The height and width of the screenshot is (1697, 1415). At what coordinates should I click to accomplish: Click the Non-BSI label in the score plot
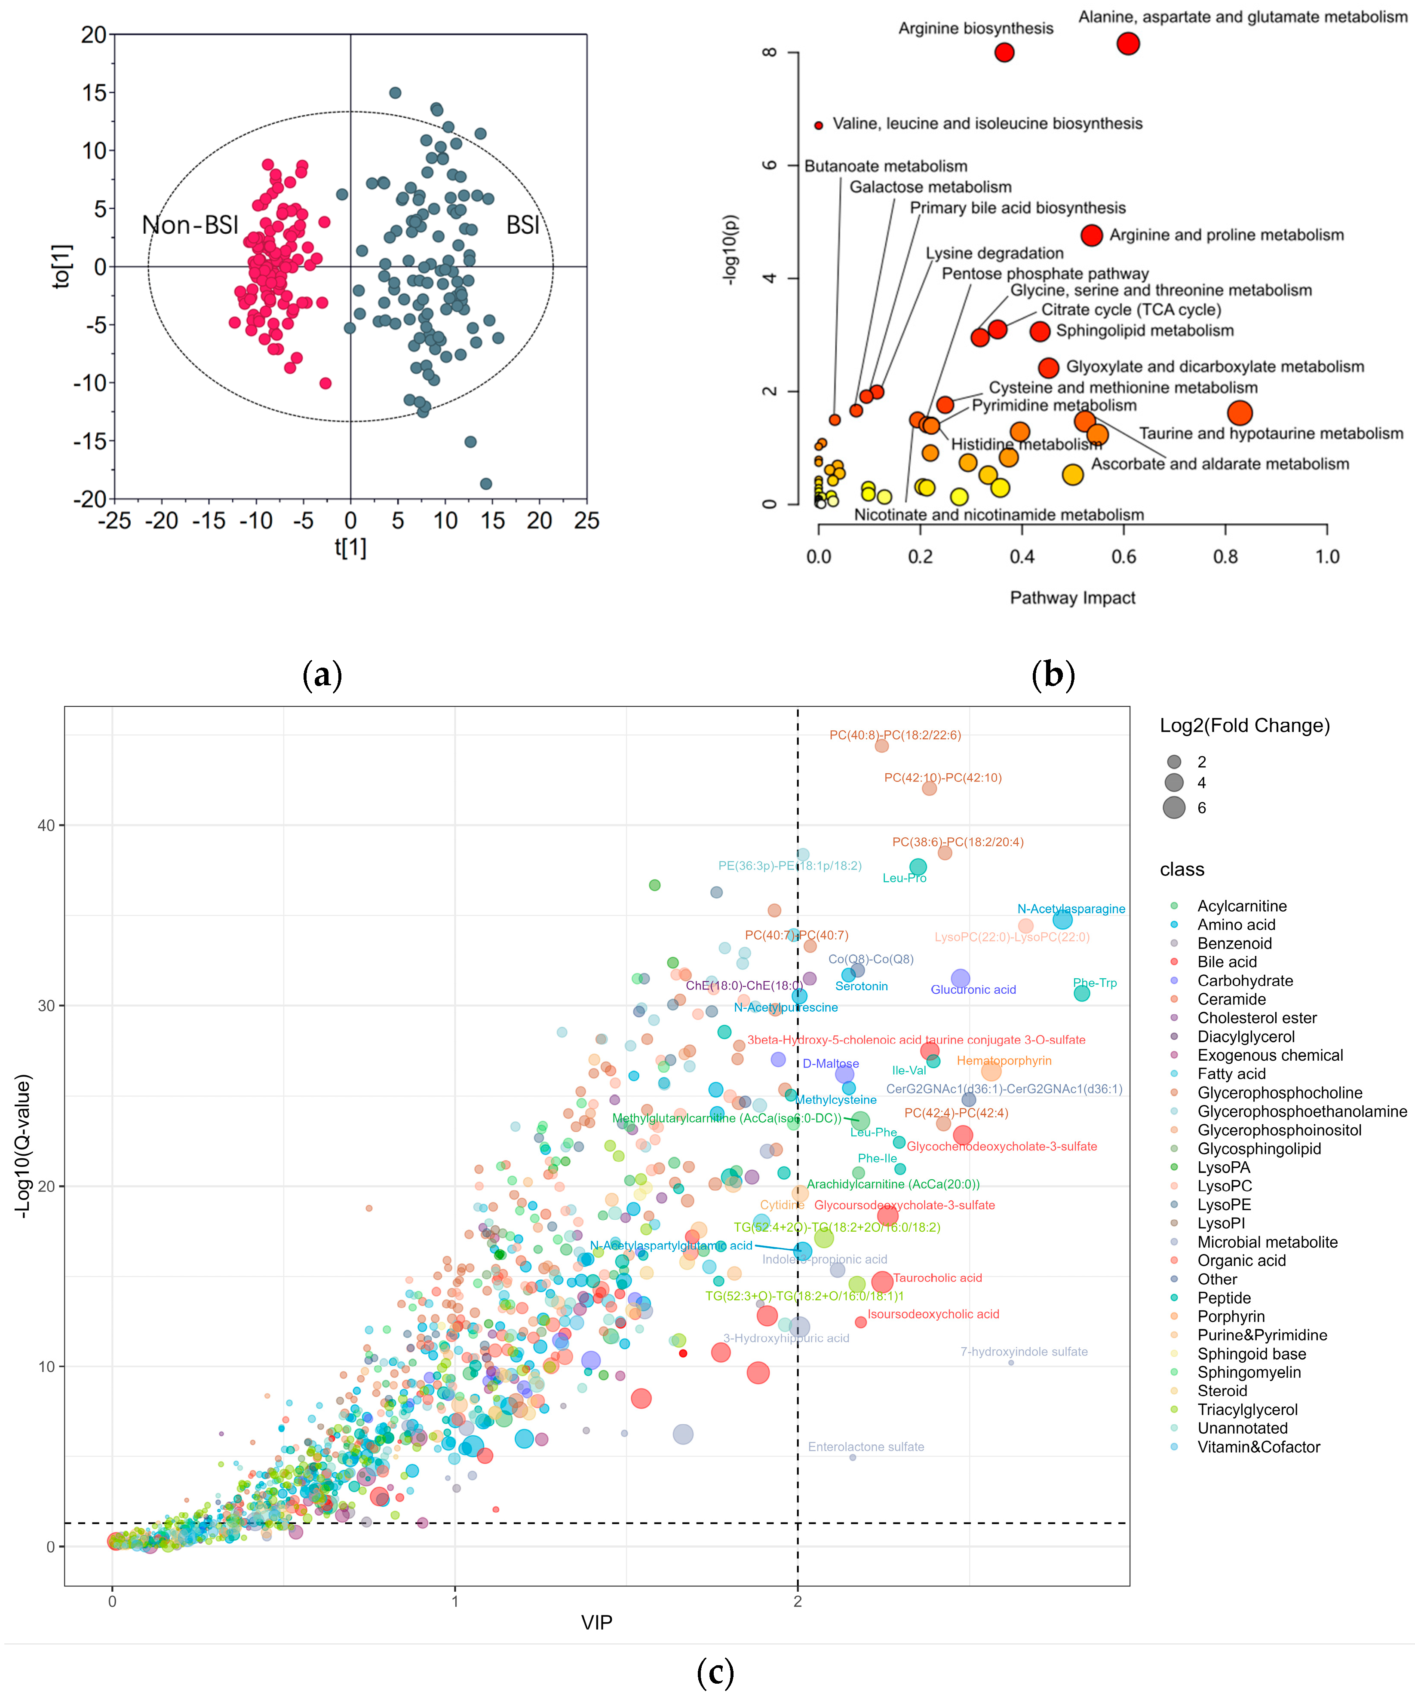click(190, 225)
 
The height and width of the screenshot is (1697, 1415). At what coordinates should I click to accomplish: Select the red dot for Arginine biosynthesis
click(1004, 52)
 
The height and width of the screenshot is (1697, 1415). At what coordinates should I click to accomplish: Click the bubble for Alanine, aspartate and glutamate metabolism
click(1128, 44)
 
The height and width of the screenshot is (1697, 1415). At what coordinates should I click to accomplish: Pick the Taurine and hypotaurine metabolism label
click(1271, 434)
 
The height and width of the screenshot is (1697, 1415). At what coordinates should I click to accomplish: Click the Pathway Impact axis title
click(1072, 598)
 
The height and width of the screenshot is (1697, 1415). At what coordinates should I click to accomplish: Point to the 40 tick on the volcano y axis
click(46, 825)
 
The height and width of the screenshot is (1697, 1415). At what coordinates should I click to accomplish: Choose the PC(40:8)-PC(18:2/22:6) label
click(895, 736)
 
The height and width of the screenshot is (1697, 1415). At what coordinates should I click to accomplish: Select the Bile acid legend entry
click(1227, 961)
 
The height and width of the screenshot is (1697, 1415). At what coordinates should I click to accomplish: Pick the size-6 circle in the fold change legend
click(1174, 807)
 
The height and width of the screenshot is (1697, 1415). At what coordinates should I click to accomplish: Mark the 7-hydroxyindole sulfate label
click(1024, 1352)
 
